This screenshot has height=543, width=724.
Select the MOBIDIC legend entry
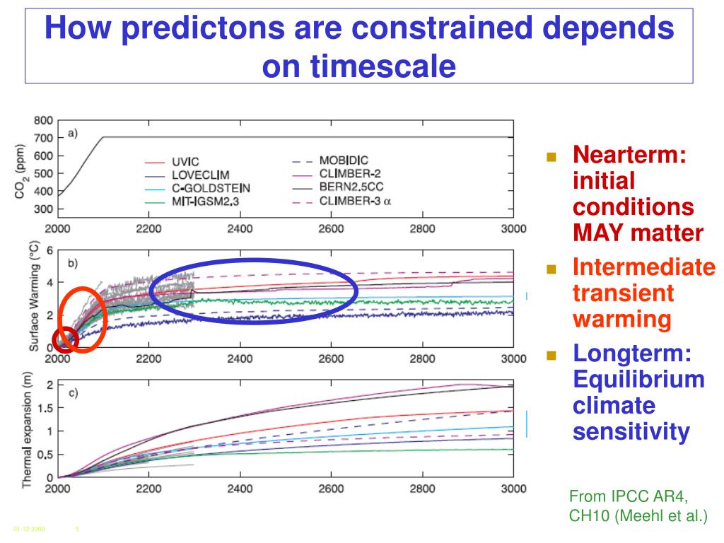click(344, 161)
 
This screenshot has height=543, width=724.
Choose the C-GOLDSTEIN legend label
click(210, 188)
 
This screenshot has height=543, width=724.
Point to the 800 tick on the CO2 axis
click(44, 119)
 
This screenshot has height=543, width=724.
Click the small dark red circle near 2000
click(65, 339)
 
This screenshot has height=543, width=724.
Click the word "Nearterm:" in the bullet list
click(629, 153)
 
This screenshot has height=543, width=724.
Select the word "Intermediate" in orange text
click(643, 268)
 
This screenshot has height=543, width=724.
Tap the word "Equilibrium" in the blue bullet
click(638, 379)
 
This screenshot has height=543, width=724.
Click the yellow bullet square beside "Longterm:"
click(552, 355)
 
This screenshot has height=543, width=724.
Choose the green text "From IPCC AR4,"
click(627, 495)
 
